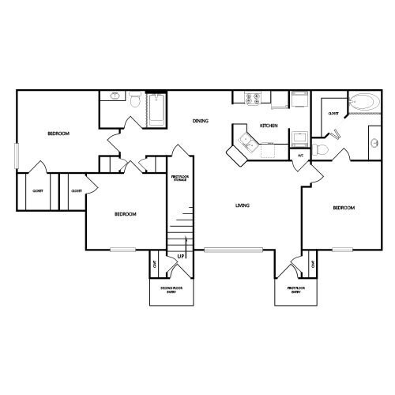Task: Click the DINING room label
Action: (x=200, y=121)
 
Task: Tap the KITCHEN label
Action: (x=268, y=126)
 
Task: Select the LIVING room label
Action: (x=243, y=206)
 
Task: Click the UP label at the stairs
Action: (x=181, y=257)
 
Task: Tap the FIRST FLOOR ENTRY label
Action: (x=295, y=290)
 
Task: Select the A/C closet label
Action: (x=300, y=155)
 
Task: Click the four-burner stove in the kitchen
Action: (x=256, y=100)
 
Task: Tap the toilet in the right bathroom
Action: (x=322, y=149)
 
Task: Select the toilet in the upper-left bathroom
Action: (x=134, y=100)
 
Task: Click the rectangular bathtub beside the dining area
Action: (x=155, y=109)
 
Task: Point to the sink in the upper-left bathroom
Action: (x=115, y=96)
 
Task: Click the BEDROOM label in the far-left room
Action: (x=58, y=134)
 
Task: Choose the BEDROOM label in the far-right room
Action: (x=344, y=208)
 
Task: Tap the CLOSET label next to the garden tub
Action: (x=333, y=114)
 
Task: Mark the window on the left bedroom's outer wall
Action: (x=16, y=155)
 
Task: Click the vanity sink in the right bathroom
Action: (x=372, y=143)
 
